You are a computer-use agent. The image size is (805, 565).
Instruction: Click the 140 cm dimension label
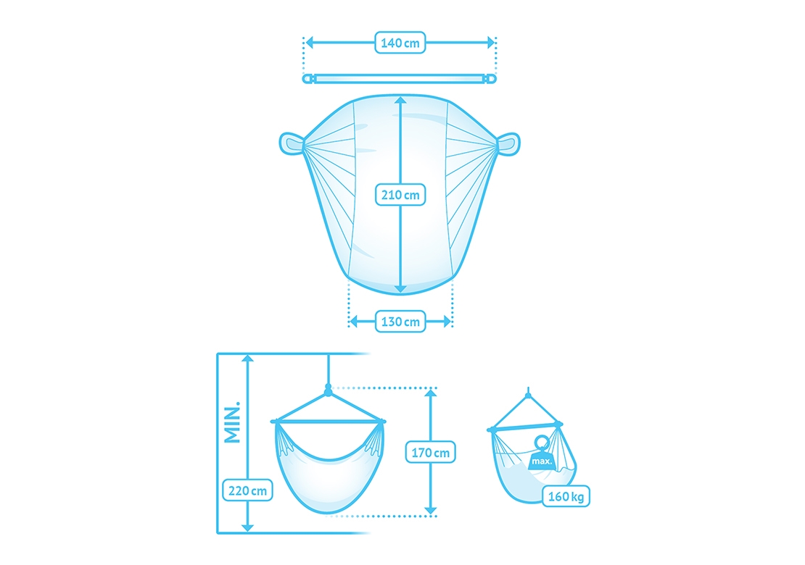click(400, 43)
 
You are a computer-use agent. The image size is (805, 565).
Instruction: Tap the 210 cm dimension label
click(400, 195)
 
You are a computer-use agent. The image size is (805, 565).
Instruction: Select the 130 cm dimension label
click(400, 322)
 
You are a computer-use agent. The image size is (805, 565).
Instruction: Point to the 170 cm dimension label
click(430, 452)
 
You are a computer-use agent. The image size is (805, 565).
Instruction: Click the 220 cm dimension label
click(247, 490)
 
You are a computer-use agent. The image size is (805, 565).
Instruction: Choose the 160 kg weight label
click(566, 495)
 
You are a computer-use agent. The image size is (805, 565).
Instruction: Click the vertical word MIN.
click(233, 422)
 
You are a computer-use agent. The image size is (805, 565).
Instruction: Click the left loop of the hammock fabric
click(291, 143)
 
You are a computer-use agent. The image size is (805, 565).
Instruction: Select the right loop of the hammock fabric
click(508, 143)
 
